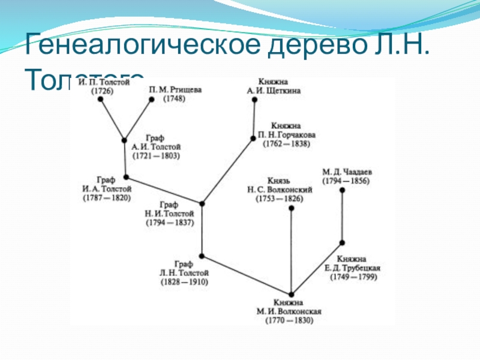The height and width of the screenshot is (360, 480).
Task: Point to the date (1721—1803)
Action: pyautogui.click(x=156, y=155)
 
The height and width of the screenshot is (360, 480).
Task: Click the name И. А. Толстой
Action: pyautogui.click(x=107, y=189)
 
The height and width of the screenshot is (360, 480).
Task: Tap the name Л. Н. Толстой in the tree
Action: pyautogui.click(x=184, y=272)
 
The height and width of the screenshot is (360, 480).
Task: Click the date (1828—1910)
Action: pyautogui.click(x=184, y=281)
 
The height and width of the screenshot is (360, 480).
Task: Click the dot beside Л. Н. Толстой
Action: pyautogui.click(x=202, y=256)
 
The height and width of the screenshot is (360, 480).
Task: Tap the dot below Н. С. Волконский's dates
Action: pyautogui.click(x=291, y=208)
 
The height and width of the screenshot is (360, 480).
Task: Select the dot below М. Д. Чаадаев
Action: pyautogui.click(x=342, y=190)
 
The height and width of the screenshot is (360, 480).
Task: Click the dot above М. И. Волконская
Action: pyautogui.click(x=291, y=294)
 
